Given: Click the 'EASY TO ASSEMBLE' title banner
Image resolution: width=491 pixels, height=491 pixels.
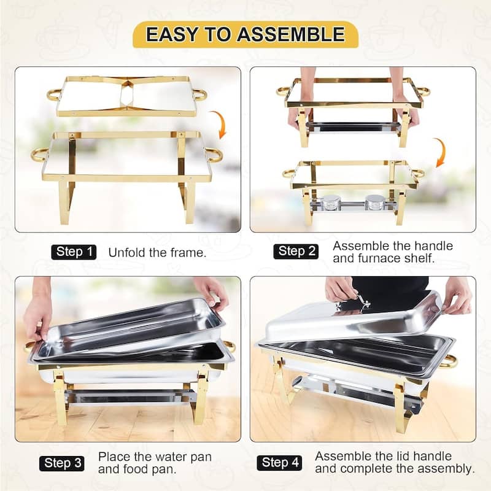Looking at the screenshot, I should (245, 35).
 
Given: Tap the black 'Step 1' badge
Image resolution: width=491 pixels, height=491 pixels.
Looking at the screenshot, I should (74, 252).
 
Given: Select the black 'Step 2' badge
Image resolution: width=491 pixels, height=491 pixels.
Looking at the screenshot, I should (296, 251).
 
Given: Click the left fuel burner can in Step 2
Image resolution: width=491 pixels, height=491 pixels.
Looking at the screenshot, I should (331, 203).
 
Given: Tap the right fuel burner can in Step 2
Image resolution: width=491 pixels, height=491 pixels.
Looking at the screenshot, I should (374, 203).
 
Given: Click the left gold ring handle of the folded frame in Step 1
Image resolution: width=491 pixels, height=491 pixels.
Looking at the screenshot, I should (54, 95).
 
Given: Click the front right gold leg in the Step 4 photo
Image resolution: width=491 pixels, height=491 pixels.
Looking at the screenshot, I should (400, 405).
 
